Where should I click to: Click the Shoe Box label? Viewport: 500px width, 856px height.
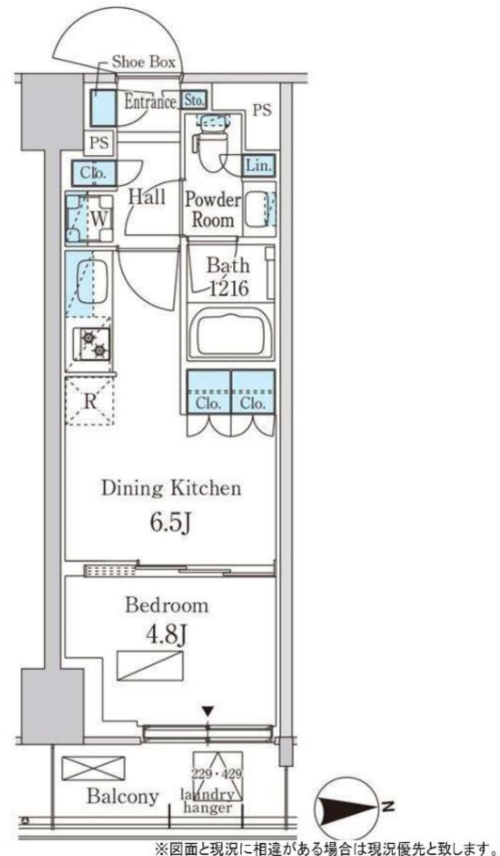click(x=143, y=62)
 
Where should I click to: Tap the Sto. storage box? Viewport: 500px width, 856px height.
click(x=193, y=100)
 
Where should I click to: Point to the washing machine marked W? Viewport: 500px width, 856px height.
click(x=89, y=218)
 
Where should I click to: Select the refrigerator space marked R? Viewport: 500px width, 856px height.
click(x=90, y=401)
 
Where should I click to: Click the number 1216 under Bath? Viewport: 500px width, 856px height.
click(x=229, y=288)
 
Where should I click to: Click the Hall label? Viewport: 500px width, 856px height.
click(x=147, y=197)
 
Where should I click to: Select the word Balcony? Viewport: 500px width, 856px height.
click(x=122, y=796)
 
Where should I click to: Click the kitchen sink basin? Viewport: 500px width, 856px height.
click(x=91, y=283)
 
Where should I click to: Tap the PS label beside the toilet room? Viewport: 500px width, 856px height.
click(x=262, y=110)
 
